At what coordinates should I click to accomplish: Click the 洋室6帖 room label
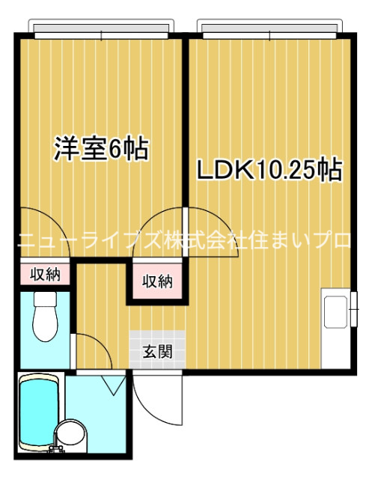click(x=101, y=150)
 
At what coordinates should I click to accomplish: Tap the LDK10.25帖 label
click(x=269, y=170)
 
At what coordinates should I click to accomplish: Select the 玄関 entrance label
click(x=158, y=351)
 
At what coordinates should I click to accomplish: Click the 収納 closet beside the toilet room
click(x=45, y=275)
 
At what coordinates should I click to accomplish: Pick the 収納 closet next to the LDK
click(x=158, y=281)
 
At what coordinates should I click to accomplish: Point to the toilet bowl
click(x=45, y=323)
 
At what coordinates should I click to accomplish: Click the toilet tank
click(x=45, y=299)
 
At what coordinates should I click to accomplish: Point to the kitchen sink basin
click(x=335, y=312)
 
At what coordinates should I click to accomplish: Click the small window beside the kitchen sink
click(x=354, y=309)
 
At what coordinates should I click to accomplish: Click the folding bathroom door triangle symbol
click(x=113, y=385)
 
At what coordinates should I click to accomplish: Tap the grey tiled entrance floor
click(x=157, y=350)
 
